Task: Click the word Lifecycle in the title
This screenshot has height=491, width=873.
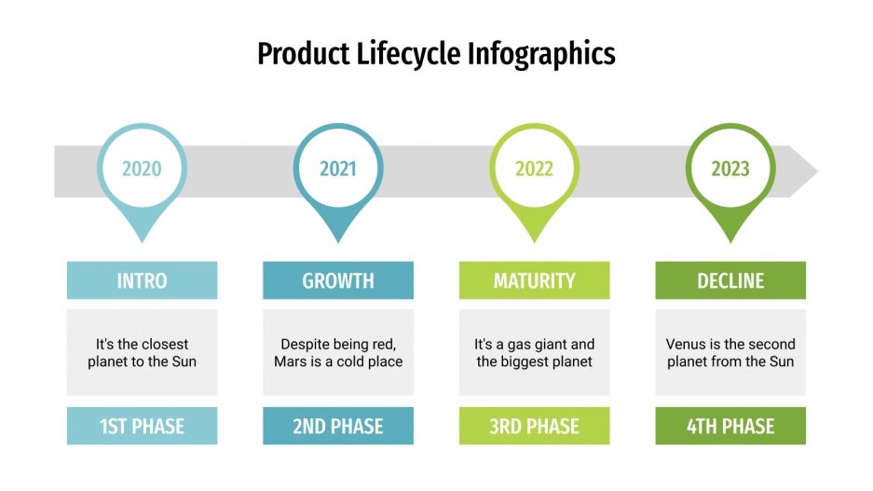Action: click(409, 53)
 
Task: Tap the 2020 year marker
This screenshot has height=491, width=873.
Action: click(142, 169)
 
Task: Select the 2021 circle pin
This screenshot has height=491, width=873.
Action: click(338, 169)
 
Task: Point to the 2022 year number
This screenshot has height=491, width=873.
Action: click(534, 170)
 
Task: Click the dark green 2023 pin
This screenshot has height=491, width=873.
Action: click(730, 169)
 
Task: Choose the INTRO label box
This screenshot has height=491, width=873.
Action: click(142, 280)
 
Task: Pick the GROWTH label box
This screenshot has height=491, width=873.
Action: click(338, 280)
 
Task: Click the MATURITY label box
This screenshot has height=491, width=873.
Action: click(534, 280)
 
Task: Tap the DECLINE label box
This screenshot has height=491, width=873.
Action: click(730, 280)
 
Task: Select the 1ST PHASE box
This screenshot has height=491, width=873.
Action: click(142, 427)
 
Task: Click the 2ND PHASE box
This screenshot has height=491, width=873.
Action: click(338, 427)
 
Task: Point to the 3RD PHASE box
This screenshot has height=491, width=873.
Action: click(534, 427)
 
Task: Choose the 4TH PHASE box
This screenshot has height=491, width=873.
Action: click(730, 427)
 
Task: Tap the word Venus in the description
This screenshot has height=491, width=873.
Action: click(686, 344)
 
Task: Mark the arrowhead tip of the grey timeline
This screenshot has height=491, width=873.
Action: click(816, 171)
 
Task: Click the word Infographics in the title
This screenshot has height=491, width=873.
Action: click(542, 53)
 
